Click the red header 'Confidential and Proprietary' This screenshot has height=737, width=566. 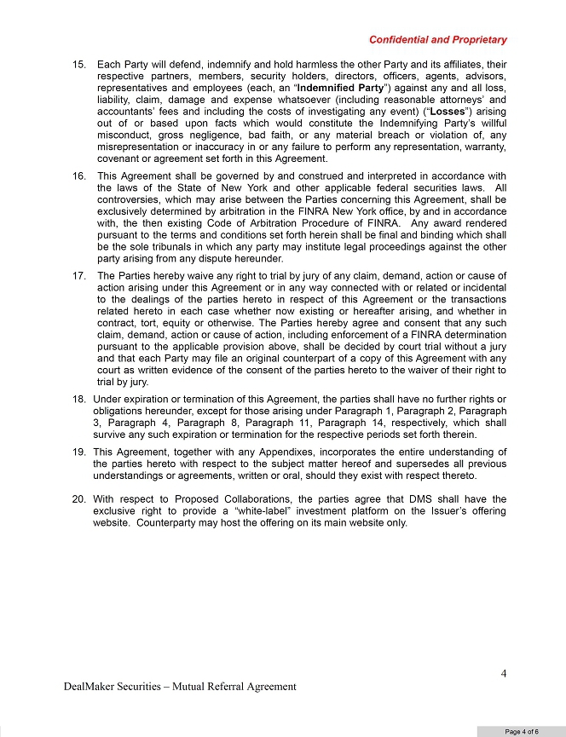(437, 39)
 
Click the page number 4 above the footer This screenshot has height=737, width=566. (504, 674)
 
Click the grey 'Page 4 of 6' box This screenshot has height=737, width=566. (520, 730)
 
